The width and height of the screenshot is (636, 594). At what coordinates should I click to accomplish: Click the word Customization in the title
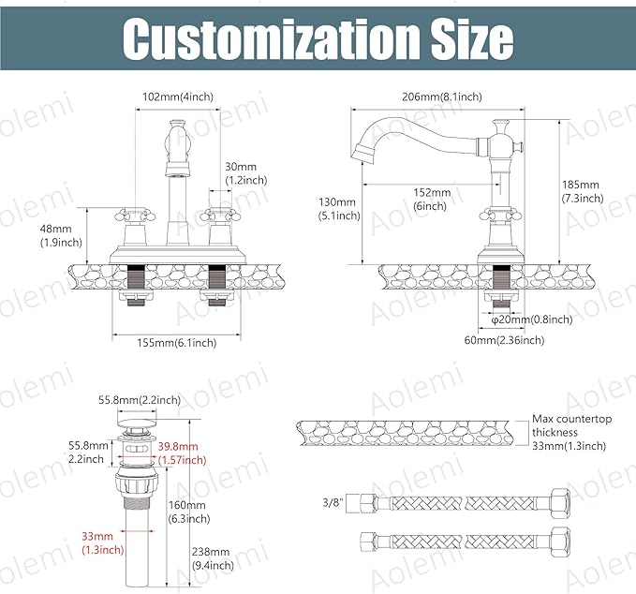270,39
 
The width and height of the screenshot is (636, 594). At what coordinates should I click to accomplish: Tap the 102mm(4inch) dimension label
178,97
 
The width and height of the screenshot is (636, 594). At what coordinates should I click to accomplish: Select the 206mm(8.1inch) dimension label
442,97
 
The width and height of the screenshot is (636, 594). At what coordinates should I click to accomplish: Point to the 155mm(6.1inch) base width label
176,343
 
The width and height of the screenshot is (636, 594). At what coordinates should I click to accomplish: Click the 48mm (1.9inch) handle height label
61,235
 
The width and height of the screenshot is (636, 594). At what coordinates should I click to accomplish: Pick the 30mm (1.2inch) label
246,173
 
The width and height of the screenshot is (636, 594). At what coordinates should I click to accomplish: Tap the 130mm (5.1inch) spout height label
339,209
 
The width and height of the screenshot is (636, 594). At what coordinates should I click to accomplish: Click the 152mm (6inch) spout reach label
432,199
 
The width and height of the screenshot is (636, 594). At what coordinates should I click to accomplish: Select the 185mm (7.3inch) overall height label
583,191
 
